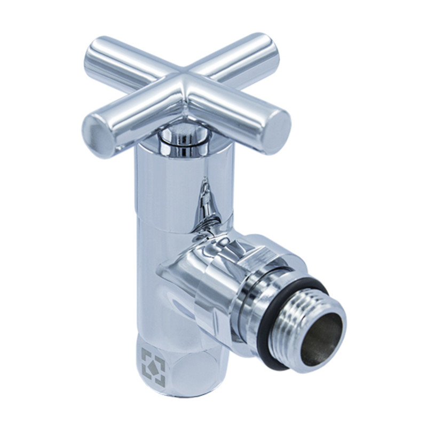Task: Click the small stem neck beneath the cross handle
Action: coord(179,137)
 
